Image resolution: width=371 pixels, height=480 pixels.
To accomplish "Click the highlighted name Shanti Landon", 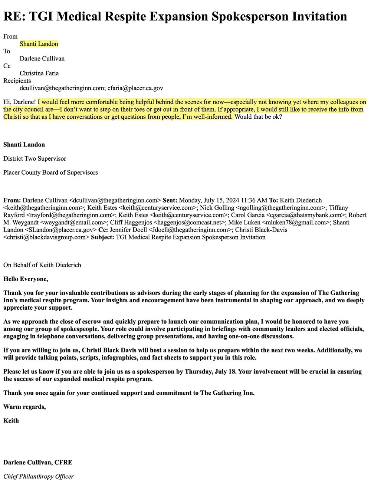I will point(39,44).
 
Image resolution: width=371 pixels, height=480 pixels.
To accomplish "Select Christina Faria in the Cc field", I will point(39,73).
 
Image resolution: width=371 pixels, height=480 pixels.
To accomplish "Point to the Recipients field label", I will point(17,80).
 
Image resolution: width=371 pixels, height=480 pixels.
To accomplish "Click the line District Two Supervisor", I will point(35,158).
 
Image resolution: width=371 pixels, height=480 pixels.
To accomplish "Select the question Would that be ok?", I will point(258,116).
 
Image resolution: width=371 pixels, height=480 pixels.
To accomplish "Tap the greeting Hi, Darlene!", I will point(20,102).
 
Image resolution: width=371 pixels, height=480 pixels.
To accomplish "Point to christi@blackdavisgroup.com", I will point(46,237).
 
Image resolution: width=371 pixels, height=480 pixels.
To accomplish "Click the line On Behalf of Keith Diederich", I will point(42,265).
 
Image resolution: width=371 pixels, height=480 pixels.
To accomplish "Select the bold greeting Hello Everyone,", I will point(26,279).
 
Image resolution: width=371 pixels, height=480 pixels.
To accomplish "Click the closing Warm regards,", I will point(24,407).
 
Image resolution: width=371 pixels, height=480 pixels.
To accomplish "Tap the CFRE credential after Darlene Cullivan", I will point(63,462).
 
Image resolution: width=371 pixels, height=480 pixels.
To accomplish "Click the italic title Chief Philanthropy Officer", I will point(39,476).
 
